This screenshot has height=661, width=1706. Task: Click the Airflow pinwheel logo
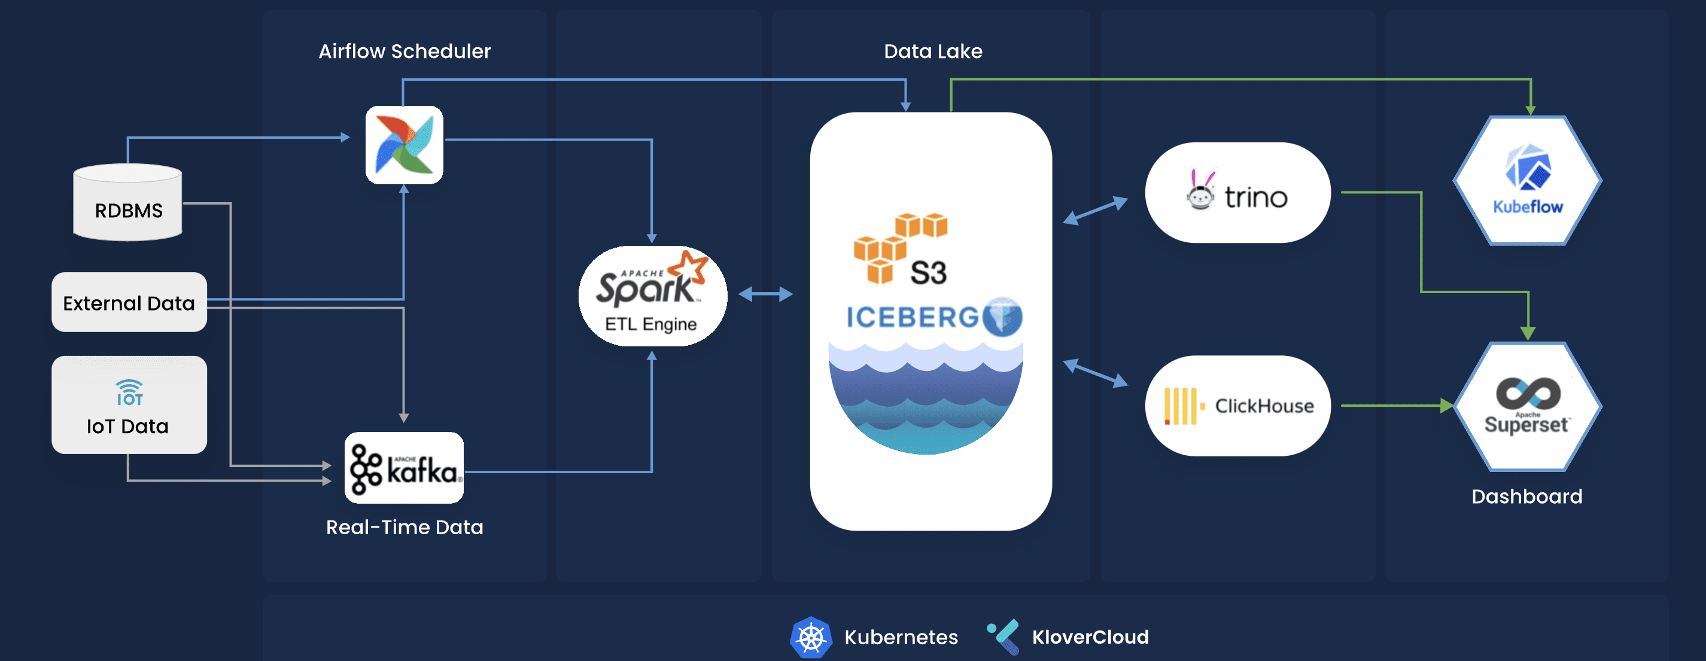point(404,145)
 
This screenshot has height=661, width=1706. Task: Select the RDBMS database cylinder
point(128,203)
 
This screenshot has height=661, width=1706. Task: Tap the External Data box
point(129,302)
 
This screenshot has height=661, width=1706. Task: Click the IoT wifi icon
point(129,392)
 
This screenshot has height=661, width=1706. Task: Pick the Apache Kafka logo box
point(404,468)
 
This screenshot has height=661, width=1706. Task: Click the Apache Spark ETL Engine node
point(652,296)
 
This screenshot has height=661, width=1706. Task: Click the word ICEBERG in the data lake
point(913,318)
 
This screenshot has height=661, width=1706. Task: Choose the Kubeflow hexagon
point(1527,181)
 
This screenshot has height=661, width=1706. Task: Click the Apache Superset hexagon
point(1527,407)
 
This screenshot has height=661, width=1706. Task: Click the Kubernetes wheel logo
point(811,637)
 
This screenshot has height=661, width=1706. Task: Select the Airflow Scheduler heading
point(405,51)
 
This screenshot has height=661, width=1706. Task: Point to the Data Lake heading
point(932,51)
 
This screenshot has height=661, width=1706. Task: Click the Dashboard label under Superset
point(1526,496)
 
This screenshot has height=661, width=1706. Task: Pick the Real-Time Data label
point(405,527)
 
